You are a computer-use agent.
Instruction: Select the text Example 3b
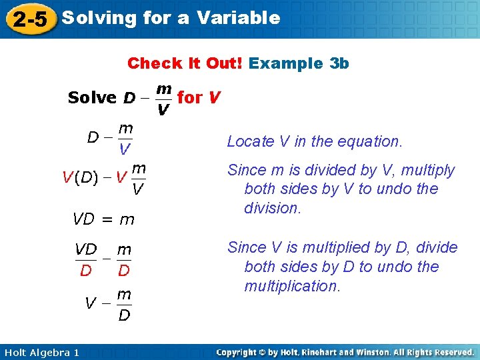299,63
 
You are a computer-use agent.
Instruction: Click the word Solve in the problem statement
92,97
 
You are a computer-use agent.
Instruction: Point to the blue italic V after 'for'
213,97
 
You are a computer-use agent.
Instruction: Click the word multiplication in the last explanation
292,286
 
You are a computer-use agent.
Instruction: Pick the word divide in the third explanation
435,247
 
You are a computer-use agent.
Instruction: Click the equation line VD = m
103,219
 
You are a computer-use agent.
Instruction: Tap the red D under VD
85,270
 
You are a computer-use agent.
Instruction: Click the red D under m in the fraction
124,270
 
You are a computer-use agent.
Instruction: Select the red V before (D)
67,177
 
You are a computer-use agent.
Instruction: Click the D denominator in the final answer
124,315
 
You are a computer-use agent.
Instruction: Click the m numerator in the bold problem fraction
163,87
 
